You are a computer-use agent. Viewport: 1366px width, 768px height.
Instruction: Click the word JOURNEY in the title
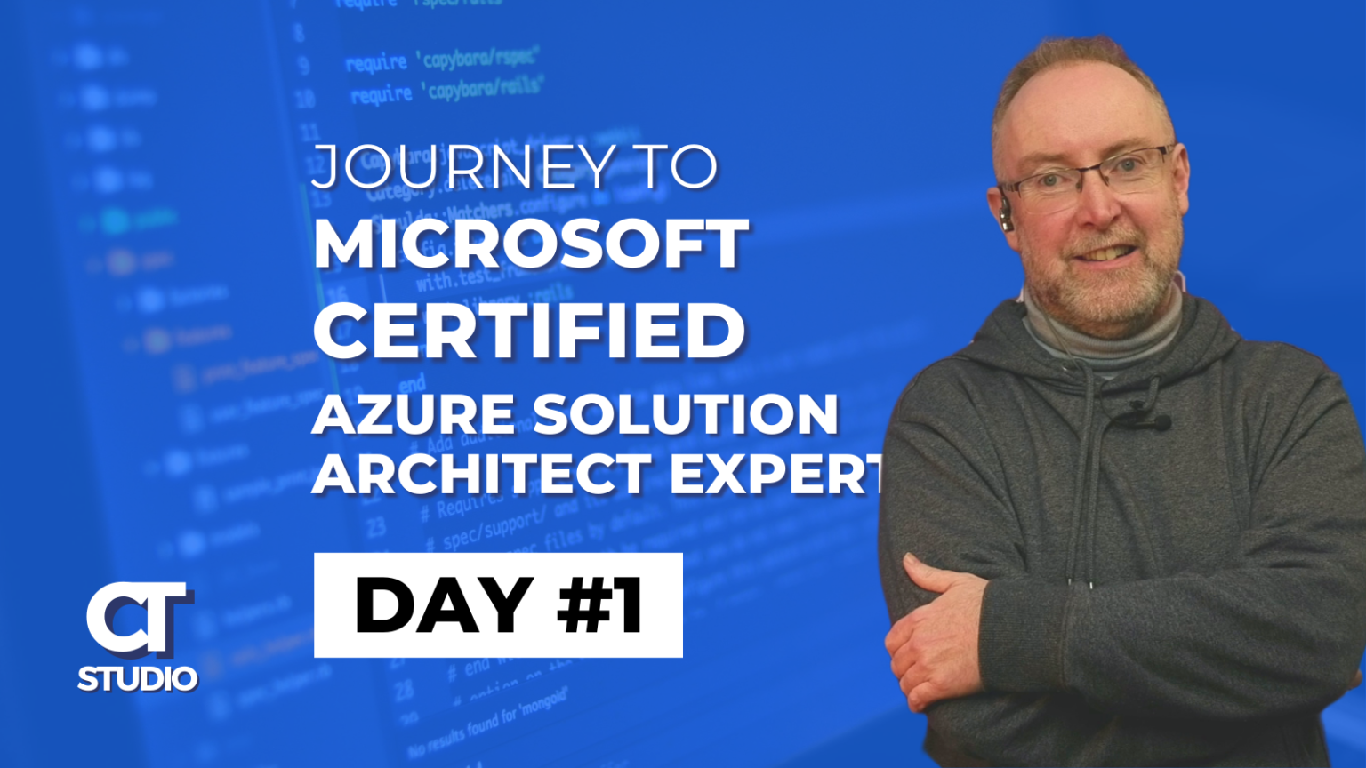[x=462, y=166]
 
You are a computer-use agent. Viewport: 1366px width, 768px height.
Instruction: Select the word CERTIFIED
[x=528, y=330]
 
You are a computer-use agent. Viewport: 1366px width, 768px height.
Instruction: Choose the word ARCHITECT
[x=482, y=473]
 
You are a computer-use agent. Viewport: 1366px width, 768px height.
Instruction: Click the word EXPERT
[x=775, y=473]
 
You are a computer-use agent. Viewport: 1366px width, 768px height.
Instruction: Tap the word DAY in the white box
[x=444, y=605]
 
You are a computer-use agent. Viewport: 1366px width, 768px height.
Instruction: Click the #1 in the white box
[x=600, y=605]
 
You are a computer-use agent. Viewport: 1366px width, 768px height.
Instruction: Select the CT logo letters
[x=139, y=617]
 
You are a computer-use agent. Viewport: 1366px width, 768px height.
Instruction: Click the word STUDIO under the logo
[x=138, y=679]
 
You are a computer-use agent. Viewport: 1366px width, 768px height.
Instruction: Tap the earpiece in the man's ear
[x=1006, y=217]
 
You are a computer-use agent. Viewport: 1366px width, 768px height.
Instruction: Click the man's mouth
[x=1107, y=252]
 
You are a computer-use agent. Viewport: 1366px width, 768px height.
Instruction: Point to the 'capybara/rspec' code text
[x=479, y=59]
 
